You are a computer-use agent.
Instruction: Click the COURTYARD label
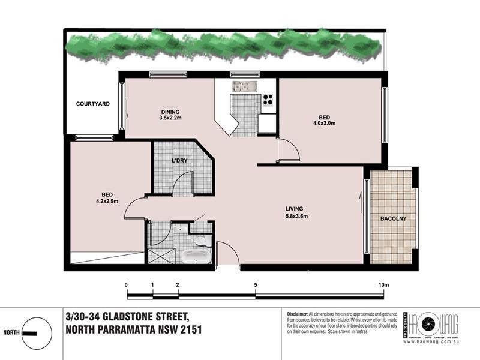(92, 104)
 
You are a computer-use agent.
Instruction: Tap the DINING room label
(170, 112)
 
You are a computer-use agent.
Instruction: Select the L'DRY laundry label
(180, 161)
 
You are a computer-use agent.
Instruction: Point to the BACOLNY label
(394, 218)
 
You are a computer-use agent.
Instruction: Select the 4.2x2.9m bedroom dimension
(107, 201)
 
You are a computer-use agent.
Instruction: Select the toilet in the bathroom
(201, 241)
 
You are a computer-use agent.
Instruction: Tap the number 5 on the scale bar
(256, 284)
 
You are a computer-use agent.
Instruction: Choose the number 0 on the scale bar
(127, 284)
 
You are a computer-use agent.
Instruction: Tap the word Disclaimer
(297, 314)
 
